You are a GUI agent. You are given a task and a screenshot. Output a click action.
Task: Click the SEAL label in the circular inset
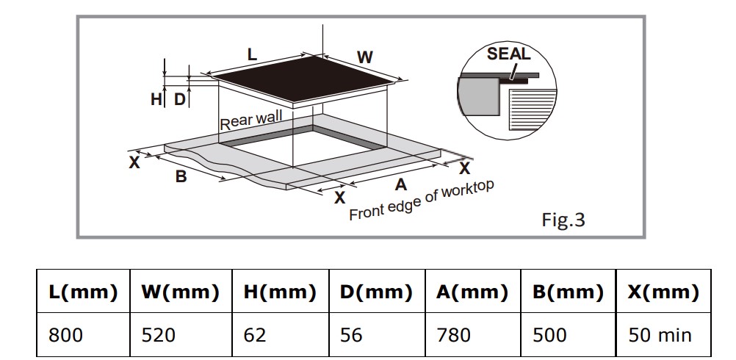pyautogui.click(x=508, y=54)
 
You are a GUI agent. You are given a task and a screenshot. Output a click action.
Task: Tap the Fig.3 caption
pyautogui.click(x=563, y=220)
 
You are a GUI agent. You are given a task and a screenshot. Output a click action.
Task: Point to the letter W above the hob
pyautogui.click(x=364, y=57)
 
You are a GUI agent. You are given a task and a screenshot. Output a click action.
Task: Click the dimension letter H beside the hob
pyautogui.click(x=156, y=100)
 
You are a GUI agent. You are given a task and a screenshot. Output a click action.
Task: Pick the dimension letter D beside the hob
pyautogui.click(x=179, y=100)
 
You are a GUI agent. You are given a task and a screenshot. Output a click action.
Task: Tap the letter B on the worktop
pyautogui.click(x=181, y=176)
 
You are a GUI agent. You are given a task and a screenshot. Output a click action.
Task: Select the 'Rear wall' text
pyautogui.click(x=250, y=120)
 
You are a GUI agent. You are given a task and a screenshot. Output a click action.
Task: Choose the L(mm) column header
pyautogui.click(x=83, y=292)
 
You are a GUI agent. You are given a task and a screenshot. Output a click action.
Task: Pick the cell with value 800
pyautogui.click(x=66, y=335)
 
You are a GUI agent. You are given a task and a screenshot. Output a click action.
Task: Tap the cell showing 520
pyautogui.click(x=159, y=335)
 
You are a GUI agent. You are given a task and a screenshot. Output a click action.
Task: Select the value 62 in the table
pyautogui.click(x=256, y=335)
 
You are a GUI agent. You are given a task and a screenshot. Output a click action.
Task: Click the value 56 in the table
pyautogui.click(x=352, y=335)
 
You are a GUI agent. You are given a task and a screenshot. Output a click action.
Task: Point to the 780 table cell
pyautogui.click(x=453, y=335)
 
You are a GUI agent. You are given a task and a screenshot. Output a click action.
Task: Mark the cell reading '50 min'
pyautogui.click(x=660, y=335)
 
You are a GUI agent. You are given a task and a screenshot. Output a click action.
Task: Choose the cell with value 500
pyautogui.click(x=549, y=335)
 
